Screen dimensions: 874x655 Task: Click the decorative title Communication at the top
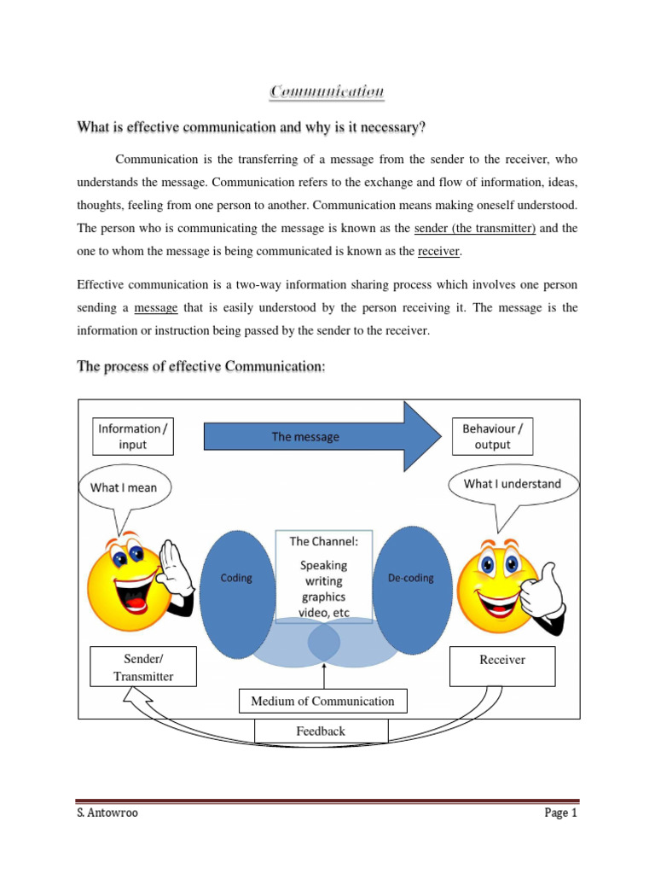327,91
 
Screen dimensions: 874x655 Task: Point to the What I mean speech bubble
124,488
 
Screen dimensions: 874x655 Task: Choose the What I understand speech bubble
512,484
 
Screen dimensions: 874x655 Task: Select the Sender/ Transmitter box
143,667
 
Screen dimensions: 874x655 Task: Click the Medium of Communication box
322,702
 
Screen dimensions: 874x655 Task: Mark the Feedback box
321,731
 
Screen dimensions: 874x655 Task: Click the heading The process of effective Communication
201,366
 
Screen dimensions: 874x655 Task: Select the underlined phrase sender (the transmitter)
474,229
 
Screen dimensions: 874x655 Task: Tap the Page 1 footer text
561,813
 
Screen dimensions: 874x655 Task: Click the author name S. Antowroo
107,813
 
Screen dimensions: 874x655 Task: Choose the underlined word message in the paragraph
156,308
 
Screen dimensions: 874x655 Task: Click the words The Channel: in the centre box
323,541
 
